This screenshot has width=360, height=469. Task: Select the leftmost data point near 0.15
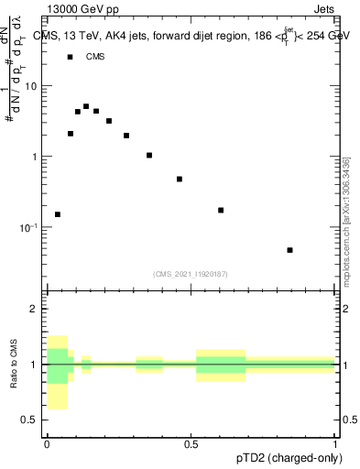pos(58,214)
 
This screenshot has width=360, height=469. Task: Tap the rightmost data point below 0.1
pos(289,250)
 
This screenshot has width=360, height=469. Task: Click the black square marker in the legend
pos(71,57)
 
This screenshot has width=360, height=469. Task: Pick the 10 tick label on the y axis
pos(31,86)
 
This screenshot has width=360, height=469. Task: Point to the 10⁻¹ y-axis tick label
pos(29,227)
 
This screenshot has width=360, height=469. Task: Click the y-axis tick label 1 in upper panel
pos(35,157)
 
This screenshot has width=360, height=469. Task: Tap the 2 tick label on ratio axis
pos(35,309)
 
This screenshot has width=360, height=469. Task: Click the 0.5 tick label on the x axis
pos(191,444)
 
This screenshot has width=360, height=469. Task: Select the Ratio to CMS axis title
pos(14,365)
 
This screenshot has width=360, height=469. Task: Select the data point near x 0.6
pos(221,210)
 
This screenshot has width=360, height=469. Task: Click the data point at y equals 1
pos(149,155)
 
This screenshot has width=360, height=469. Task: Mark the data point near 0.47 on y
pos(180,179)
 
